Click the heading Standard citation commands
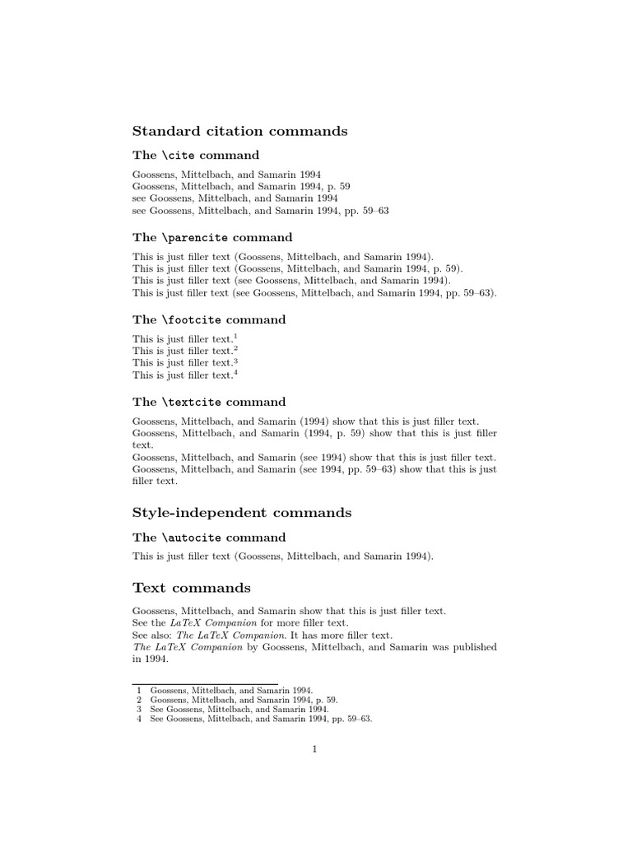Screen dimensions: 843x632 pyautogui.click(x=239, y=131)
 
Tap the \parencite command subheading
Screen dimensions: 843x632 pyautogui.click(x=212, y=237)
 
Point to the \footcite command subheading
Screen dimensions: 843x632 pyautogui.click(x=209, y=319)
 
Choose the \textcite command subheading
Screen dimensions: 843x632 pyautogui.click(x=209, y=402)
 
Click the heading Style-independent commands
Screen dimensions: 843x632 pyautogui.click(x=242, y=512)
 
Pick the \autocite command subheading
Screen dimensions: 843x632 pyautogui.click(x=209, y=537)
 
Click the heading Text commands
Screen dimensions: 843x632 pyautogui.click(x=192, y=588)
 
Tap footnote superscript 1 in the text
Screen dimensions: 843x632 pyautogui.click(x=235, y=335)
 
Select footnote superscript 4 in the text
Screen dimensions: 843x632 pyautogui.click(x=235, y=372)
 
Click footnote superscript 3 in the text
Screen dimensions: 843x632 pyautogui.click(x=235, y=360)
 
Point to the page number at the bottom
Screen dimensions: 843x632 pyautogui.click(x=314, y=748)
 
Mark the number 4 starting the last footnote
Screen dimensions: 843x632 pyautogui.click(x=139, y=719)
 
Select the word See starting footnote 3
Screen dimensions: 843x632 pyautogui.click(x=157, y=709)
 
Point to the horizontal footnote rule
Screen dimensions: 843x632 pyautogui.click(x=205, y=682)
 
